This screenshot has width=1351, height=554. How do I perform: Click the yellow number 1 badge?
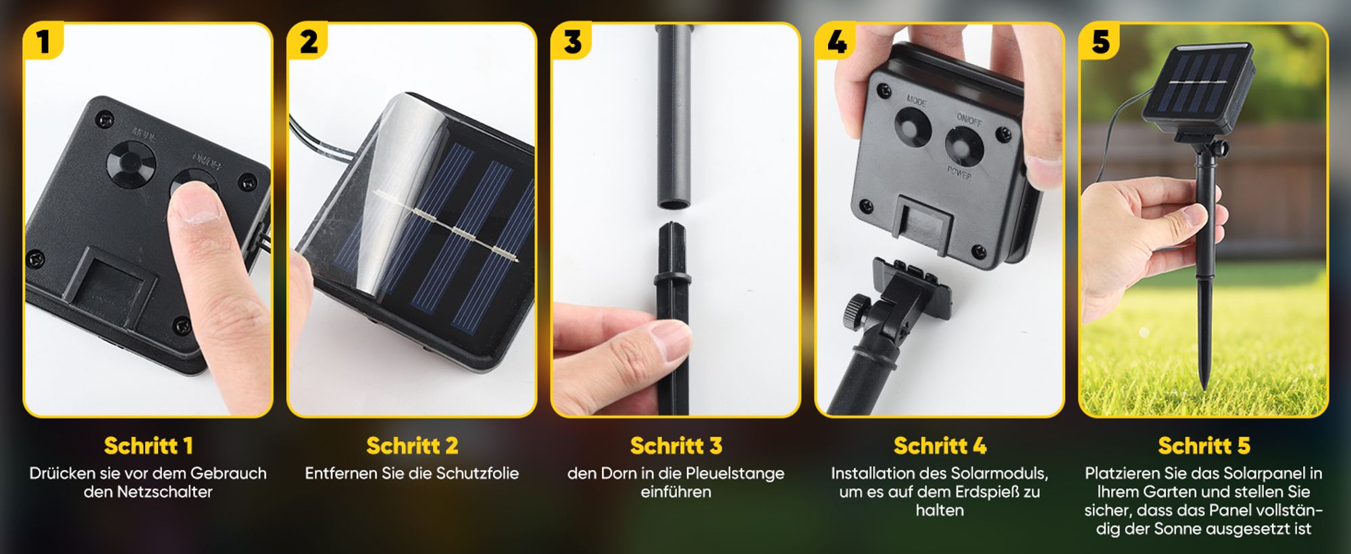(43, 41)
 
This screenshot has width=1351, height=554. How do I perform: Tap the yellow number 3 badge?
(572, 41)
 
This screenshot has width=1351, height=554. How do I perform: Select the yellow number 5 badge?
(1100, 41)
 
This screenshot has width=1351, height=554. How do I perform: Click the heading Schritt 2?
(412, 446)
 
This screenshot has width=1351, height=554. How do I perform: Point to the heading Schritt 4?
(940, 446)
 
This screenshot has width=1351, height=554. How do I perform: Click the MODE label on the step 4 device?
(917, 101)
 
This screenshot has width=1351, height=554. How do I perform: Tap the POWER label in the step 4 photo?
(959, 172)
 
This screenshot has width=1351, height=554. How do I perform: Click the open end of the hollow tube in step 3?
(674, 203)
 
